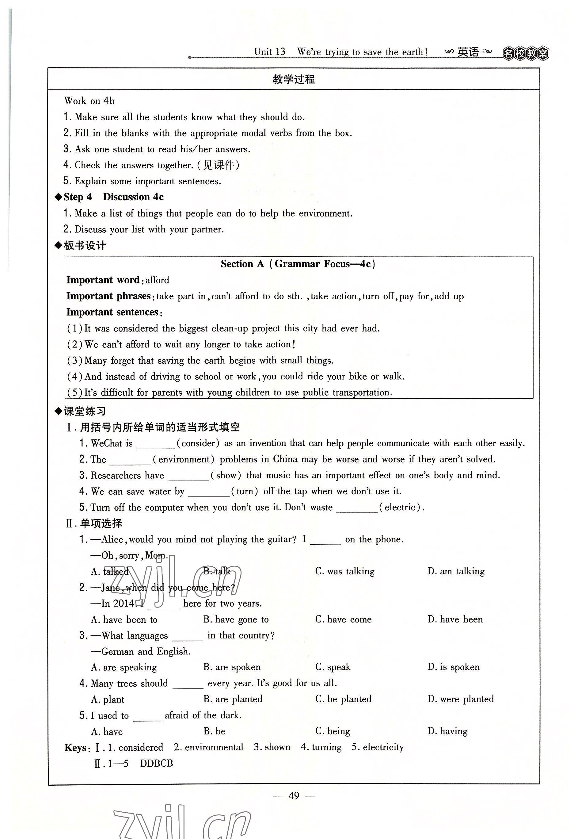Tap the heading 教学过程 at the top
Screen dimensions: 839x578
coord(294,79)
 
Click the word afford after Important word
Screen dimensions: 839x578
coord(157,280)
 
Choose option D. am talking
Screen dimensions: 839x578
coord(456,571)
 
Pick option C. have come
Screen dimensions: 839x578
coord(343,619)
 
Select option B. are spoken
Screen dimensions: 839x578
coord(232,667)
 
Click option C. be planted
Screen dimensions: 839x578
coord(343,699)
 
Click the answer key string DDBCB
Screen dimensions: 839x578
coord(156,763)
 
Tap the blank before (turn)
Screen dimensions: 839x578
coord(209,492)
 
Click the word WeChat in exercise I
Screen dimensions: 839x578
coord(106,443)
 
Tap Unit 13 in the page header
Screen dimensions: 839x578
coord(269,52)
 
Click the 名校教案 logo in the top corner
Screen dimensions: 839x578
coord(526,54)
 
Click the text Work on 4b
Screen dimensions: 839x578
coord(89,101)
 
